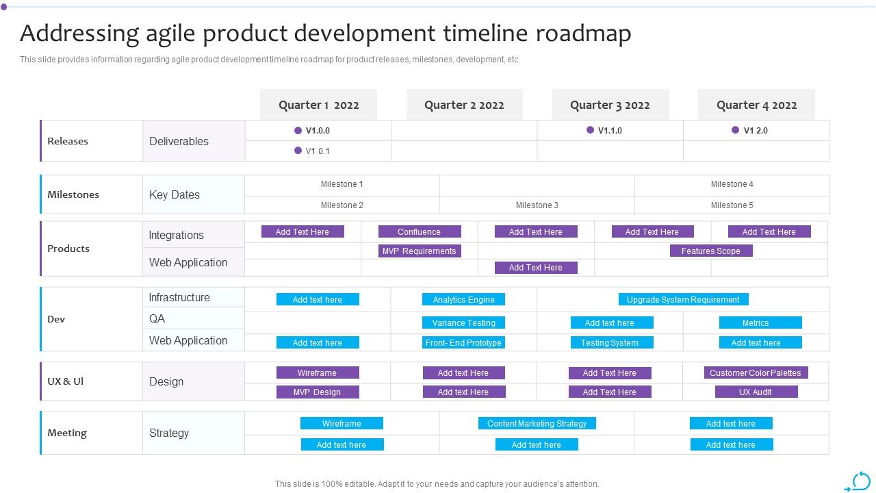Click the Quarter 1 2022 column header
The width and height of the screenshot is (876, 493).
(x=318, y=105)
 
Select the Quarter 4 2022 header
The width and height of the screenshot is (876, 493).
(x=756, y=105)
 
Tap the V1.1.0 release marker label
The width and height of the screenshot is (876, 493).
(x=609, y=130)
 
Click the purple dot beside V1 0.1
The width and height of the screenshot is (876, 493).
(x=298, y=151)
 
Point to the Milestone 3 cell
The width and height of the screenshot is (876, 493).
(x=537, y=205)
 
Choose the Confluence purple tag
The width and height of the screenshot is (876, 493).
(x=419, y=231)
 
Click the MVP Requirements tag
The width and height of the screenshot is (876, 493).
(x=419, y=251)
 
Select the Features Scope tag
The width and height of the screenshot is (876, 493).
(x=710, y=251)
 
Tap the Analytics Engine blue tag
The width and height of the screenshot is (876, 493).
(x=463, y=299)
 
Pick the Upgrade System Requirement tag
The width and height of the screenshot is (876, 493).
(x=683, y=299)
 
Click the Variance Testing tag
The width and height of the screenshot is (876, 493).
(x=463, y=323)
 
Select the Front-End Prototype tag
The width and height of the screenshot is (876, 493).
(x=463, y=342)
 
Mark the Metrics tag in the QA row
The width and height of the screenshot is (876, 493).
(x=756, y=323)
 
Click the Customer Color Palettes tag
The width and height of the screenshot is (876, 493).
(x=755, y=372)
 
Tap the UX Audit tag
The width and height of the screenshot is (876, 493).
(x=756, y=392)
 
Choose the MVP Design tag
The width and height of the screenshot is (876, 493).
(x=317, y=392)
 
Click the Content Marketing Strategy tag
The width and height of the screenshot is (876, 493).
(x=537, y=423)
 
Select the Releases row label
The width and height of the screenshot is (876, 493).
(x=68, y=141)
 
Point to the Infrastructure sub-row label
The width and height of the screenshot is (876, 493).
(x=179, y=297)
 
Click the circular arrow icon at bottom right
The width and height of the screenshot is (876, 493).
(x=860, y=481)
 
